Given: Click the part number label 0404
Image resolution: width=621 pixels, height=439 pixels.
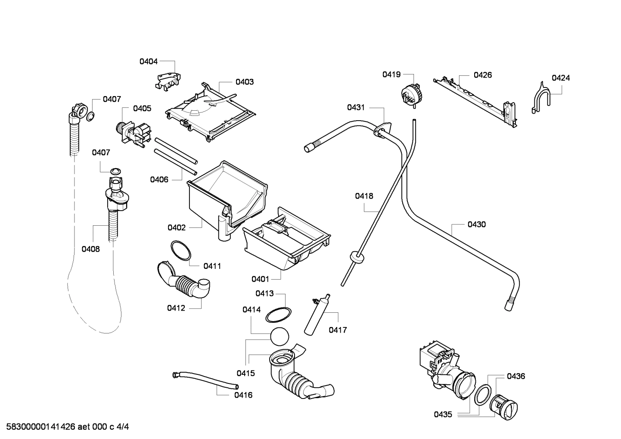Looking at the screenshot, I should (148, 62).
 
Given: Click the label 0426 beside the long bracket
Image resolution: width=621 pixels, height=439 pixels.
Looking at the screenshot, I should (482, 75).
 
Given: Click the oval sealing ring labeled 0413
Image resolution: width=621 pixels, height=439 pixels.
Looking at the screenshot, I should (278, 315).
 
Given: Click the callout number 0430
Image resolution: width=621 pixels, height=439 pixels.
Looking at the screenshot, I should (476, 224).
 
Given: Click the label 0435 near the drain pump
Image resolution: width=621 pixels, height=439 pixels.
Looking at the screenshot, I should (443, 414).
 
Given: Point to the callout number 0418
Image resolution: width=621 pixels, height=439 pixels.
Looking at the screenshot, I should (364, 196).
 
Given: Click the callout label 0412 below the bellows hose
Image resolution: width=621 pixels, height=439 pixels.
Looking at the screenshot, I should (176, 308).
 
